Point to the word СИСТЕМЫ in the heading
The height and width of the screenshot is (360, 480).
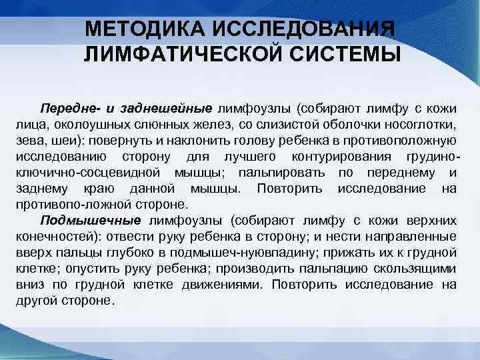(347, 54)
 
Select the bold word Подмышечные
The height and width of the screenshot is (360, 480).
(91, 221)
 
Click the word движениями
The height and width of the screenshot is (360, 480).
(224, 285)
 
